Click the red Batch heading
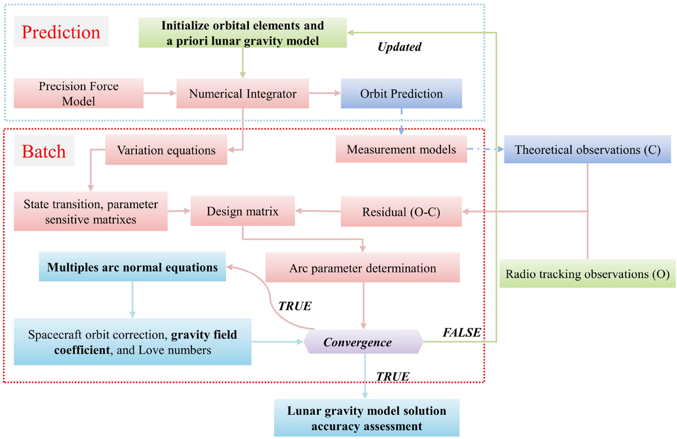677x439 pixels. pos(44,151)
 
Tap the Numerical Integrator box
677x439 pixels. pos(243,94)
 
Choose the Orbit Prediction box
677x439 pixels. pos(401,94)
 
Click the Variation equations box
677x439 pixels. pos(166,151)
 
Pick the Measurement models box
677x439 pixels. pos(401,150)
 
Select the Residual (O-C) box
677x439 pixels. pos(401,212)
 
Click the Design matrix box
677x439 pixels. pos(243,211)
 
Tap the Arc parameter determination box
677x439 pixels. pos(362,268)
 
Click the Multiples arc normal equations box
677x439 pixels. pos(133,267)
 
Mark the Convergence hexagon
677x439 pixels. pos(358,343)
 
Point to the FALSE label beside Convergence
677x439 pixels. pos(461,333)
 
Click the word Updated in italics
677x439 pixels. pos(399,47)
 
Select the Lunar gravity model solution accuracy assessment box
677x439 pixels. pos(366,418)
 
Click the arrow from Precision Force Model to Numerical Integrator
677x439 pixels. pos(160,94)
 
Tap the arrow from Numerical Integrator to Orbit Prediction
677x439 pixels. pos(324,94)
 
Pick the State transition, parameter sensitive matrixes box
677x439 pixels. pos(91,212)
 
